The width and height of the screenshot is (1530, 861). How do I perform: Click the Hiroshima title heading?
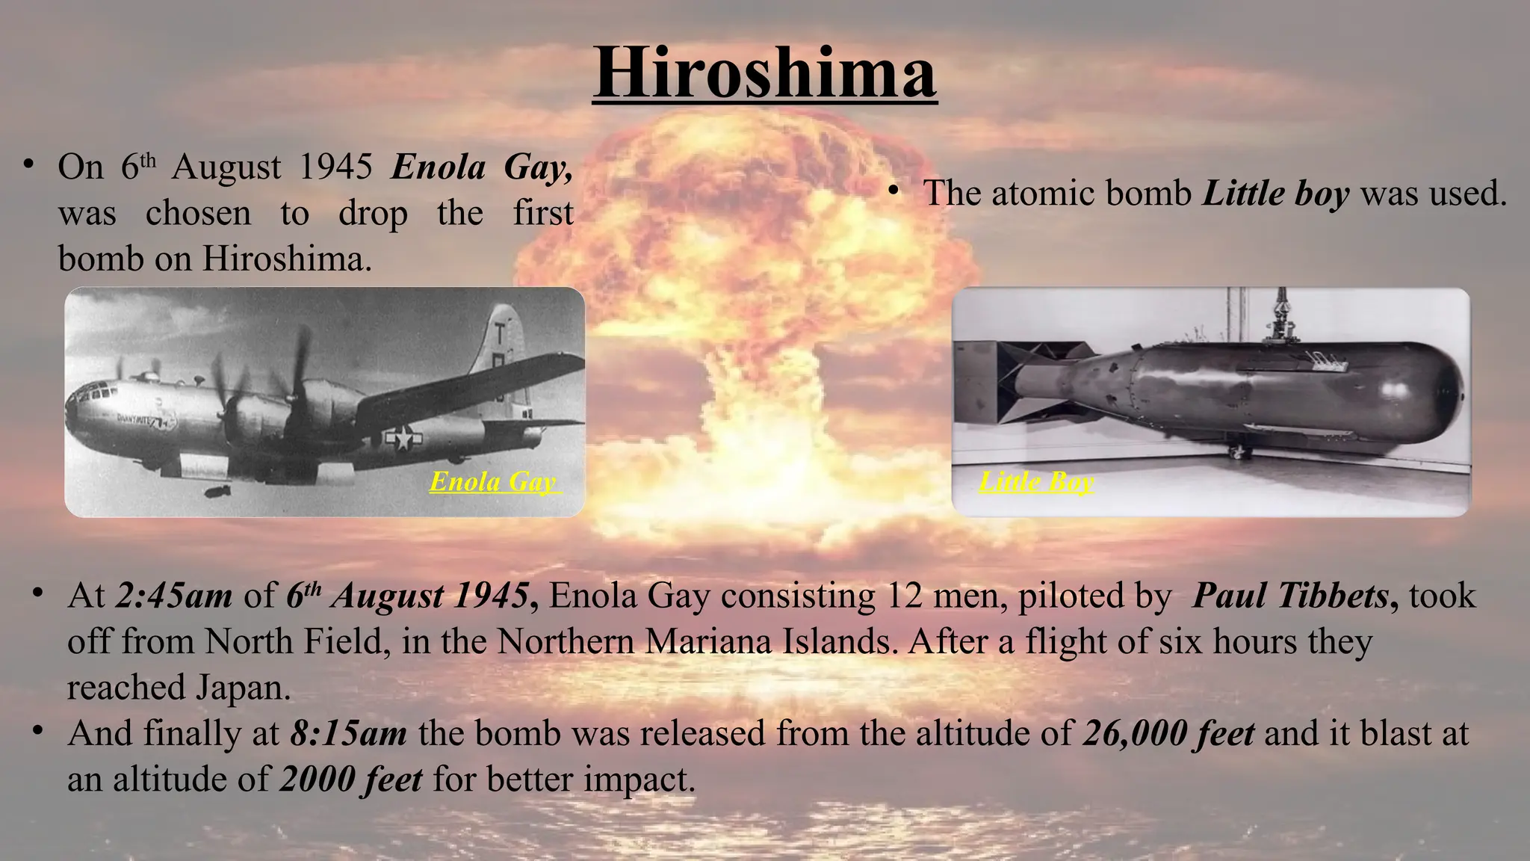764,73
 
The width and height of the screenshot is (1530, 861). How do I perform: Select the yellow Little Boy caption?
1036,481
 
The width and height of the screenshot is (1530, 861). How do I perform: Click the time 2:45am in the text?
173,596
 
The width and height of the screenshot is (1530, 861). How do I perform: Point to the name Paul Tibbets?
1291,596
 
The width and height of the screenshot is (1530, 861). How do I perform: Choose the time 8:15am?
348,734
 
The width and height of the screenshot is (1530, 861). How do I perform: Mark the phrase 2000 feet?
351,780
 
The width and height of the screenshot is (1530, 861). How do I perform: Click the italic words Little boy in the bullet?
1275,194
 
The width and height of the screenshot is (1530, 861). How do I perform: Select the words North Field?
293,642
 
